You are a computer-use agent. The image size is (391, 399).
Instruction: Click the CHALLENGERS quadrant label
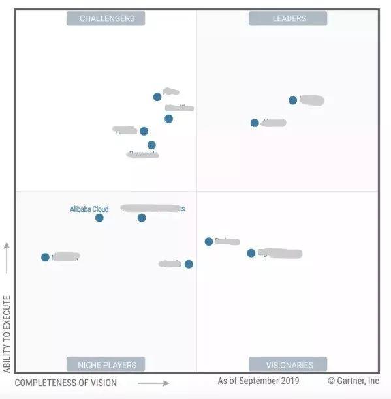[x=107, y=18]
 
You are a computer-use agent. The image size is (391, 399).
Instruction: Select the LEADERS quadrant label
[x=289, y=18]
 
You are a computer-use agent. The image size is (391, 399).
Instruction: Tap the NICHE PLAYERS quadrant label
[x=106, y=364]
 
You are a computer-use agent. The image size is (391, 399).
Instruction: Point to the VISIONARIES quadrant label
[x=289, y=364]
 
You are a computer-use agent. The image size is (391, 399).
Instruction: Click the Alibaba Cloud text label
[x=89, y=209]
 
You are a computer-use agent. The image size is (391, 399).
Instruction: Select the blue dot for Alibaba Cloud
[x=99, y=218]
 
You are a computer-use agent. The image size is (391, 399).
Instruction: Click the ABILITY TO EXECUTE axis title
[x=7, y=333]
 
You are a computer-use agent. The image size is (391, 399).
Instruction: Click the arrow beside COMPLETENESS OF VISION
[x=153, y=383]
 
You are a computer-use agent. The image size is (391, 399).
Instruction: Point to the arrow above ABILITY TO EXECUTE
[x=7, y=258]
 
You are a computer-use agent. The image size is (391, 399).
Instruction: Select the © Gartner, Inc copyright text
[x=352, y=381]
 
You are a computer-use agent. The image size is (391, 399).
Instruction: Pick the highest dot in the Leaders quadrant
[x=293, y=100]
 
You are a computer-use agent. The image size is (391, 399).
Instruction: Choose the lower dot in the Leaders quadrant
[x=255, y=123]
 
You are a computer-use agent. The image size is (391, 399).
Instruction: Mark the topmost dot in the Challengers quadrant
[x=157, y=96]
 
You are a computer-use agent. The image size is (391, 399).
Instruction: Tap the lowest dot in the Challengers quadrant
[x=151, y=145]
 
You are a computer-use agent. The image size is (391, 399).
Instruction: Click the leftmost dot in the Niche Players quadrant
[x=45, y=258]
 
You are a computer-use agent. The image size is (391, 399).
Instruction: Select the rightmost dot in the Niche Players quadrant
[x=189, y=264]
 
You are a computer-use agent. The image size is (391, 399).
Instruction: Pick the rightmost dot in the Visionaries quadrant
[x=251, y=253]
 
